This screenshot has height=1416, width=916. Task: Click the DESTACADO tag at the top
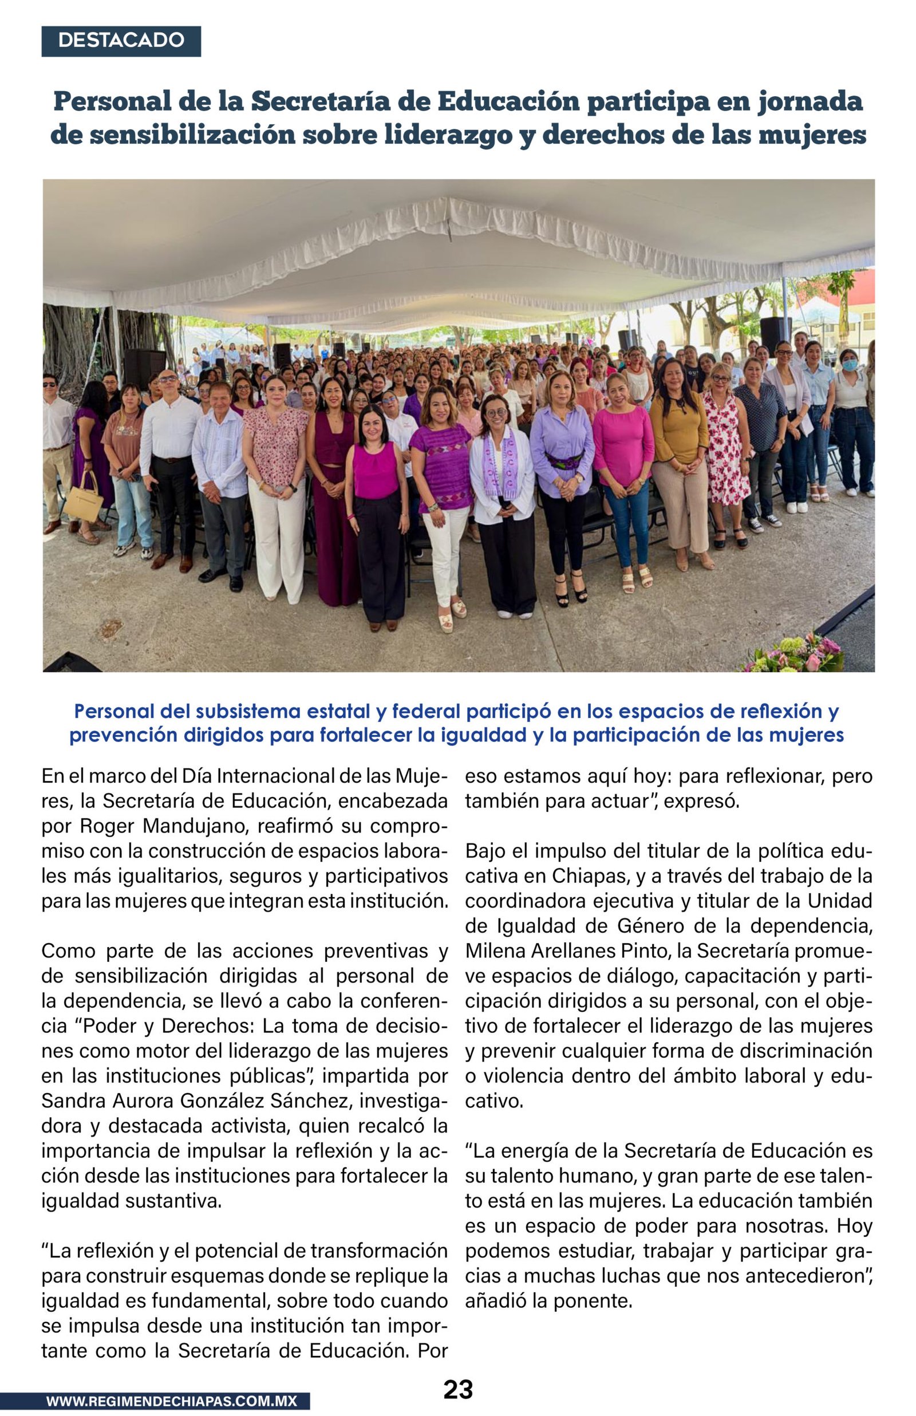pos(121,41)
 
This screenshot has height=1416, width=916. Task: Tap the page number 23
pos(458,1390)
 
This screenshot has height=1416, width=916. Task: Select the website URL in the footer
pos(171,1401)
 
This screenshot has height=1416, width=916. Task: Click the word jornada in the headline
pos(810,101)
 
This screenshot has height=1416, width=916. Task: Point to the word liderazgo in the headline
pos(448,135)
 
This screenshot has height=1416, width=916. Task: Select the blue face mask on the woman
pos(850,365)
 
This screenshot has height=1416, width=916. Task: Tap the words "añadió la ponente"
pos(548,1301)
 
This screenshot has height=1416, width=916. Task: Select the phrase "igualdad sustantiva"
pos(132,1201)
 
